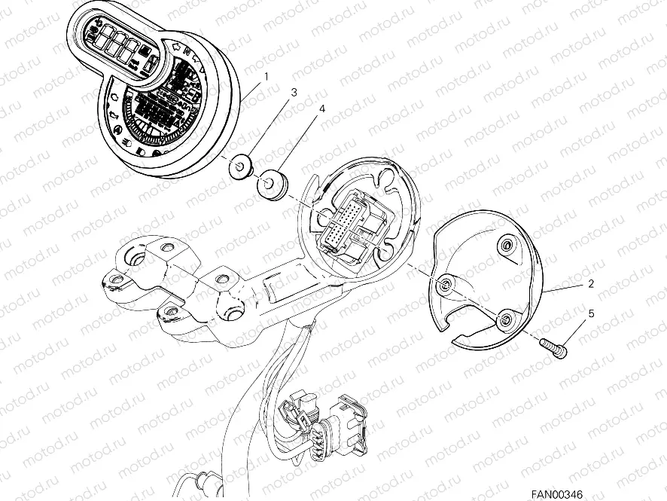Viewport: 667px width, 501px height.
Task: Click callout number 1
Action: (x=266, y=75)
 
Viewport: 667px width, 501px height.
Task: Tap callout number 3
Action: (x=294, y=92)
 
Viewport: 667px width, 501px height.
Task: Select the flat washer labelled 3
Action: (x=240, y=166)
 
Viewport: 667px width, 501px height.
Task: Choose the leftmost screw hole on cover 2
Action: (x=447, y=283)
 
